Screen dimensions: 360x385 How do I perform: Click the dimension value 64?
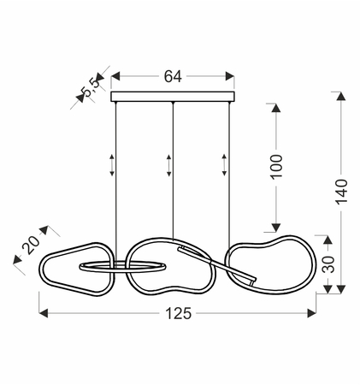point(173,76)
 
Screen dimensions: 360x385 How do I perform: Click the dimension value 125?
point(179,313)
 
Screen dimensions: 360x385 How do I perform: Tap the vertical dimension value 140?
point(341,192)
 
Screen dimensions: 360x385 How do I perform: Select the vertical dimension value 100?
point(276,167)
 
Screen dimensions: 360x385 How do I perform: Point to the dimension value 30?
point(328,264)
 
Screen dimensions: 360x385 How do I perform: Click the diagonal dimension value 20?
point(32,245)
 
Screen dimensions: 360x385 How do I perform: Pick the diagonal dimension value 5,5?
point(91,87)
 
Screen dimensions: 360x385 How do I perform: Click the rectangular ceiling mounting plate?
point(173,97)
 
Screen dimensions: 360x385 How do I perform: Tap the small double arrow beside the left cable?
point(112,165)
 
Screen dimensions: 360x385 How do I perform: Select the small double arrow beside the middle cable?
point(169,165)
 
